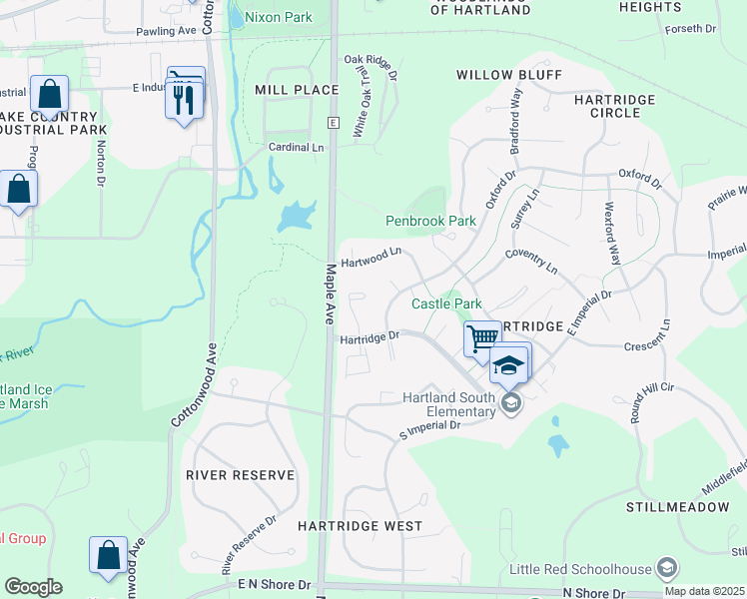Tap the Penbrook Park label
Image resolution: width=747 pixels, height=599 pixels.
431,221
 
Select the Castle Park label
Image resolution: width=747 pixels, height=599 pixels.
447,303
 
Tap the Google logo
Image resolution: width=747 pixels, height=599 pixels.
33,587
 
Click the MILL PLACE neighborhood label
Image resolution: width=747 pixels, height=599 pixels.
297,90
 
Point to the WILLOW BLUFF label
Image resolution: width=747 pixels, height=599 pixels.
509,75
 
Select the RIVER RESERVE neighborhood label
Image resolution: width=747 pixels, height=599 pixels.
241,475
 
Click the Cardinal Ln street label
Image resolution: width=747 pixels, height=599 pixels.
297,148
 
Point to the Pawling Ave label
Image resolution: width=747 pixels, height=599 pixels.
167,32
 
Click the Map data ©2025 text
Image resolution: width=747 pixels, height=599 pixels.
704,591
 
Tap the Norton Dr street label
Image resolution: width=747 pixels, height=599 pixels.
100,162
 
